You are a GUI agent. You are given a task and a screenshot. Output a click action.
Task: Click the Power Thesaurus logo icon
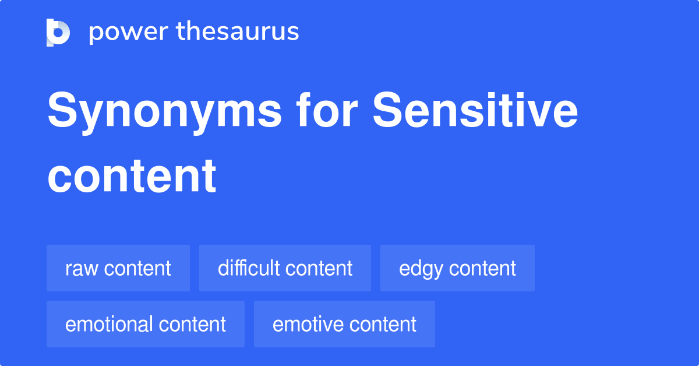(x=58, y=32)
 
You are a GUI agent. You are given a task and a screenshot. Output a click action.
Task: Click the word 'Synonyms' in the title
(x=164, y=112)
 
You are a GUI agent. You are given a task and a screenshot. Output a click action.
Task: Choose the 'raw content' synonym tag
(x=118, y=268)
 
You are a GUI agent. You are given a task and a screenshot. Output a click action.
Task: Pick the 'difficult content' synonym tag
(x=285, y=268)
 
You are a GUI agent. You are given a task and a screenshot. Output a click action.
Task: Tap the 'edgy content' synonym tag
(x=457, y=268)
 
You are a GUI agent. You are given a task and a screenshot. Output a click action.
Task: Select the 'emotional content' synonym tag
(x=146, y=324)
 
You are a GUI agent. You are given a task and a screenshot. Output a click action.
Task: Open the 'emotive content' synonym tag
(x=344, y=324)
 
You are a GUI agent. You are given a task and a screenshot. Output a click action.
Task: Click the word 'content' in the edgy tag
(x=482, y=269)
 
